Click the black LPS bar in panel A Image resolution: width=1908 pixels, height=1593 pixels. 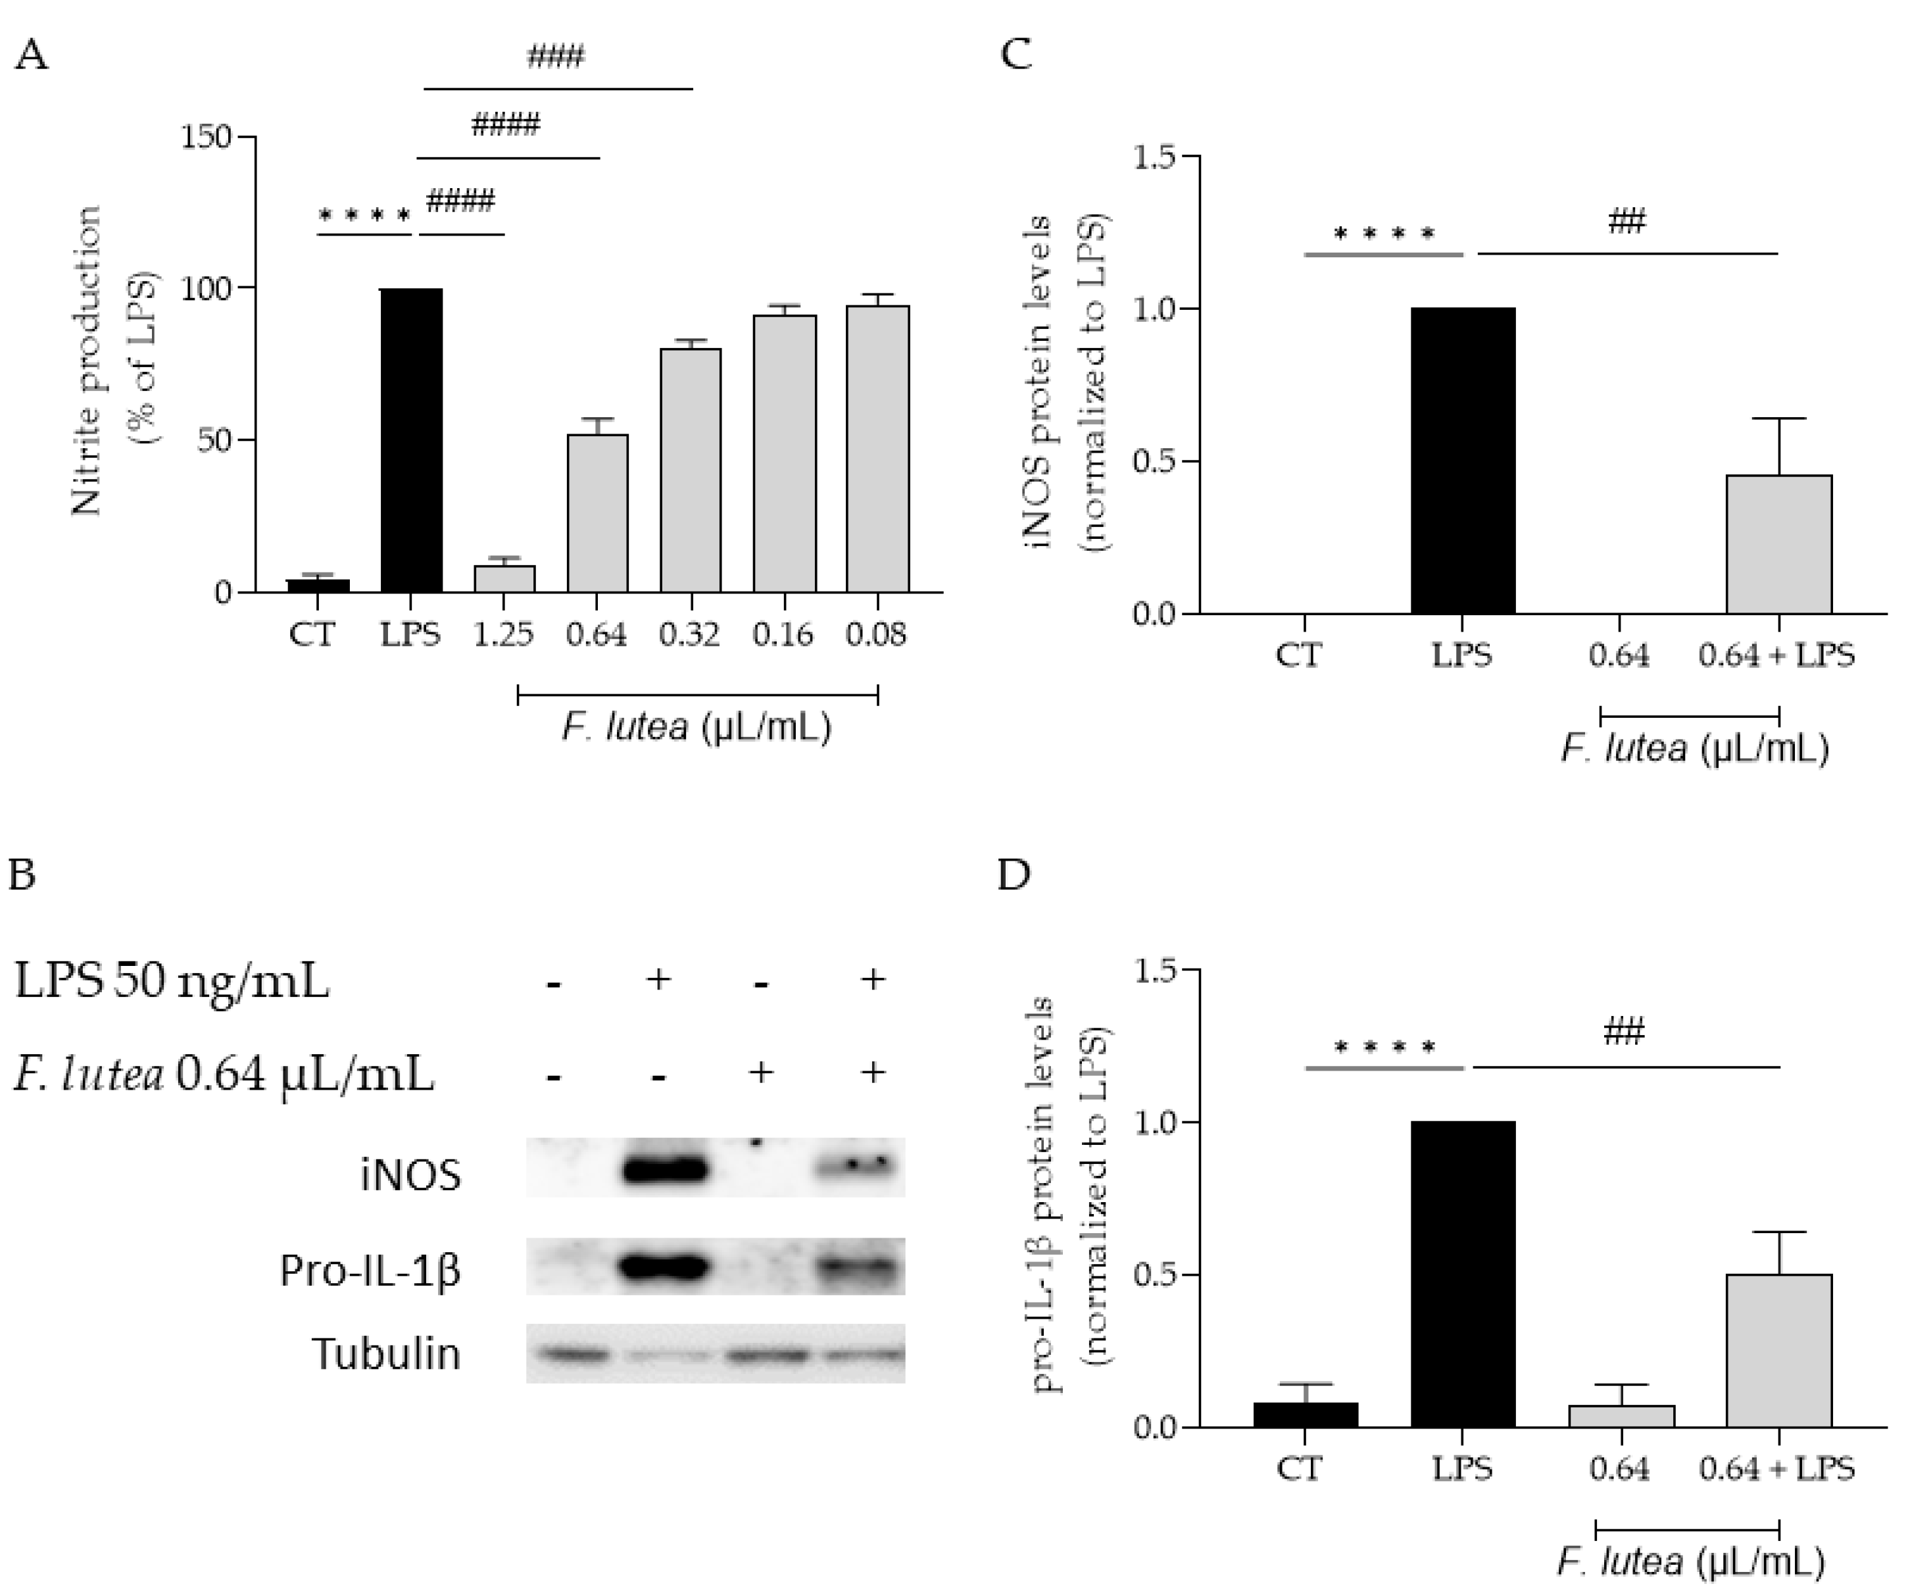(x=410, y=441)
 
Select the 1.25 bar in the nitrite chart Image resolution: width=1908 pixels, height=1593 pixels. (x=504, y=579)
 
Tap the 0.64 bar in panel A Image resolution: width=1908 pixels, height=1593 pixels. (x=597, y=513)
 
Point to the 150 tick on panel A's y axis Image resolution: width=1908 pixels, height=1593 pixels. (x=207, y=138)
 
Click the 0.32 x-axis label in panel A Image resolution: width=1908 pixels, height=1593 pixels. (x=690, y=634)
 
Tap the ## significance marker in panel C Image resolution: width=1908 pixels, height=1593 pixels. (x=1627, y=222)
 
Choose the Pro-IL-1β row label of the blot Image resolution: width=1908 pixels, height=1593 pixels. (x=371, y=1269)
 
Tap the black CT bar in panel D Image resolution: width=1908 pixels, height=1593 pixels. (x=1305, y=1414)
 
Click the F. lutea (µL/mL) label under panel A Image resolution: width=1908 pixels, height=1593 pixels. (x=697, y=728)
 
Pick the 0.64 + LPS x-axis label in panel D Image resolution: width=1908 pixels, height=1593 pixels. (x=1776, y=1469)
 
